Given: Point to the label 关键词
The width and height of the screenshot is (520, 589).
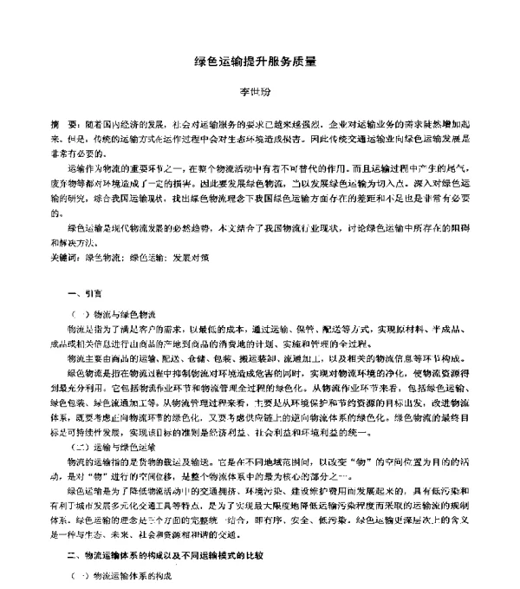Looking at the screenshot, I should pyautogui.click(x=64, y=258).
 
